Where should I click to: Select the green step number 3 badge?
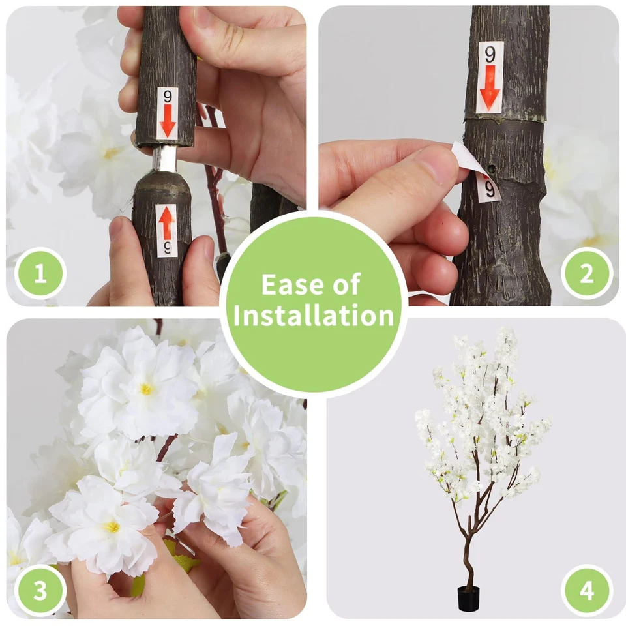[40, 591]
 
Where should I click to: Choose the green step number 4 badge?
[586, 591]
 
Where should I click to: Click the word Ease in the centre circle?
[287, 285]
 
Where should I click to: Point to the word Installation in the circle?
[314, 316]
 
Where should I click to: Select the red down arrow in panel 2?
[490, 91]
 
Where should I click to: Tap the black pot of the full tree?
[468, 599]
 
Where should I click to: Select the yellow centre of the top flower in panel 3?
[147, 389]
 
